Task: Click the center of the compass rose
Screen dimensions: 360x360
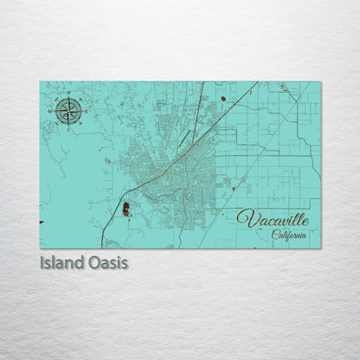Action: (68, 110)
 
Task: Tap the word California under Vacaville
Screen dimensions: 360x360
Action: (287, 234)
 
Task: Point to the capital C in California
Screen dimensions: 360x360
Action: (274, 234)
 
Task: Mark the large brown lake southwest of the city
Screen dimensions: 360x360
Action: (126, 209)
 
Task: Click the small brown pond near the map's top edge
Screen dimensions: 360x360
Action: (222, 99)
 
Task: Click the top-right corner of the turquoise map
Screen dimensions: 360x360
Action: (320, 82)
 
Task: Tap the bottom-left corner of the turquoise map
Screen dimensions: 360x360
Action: (40, 248)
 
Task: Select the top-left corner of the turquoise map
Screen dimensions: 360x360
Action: (40, 82)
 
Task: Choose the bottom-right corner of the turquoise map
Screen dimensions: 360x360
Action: (320, 248)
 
